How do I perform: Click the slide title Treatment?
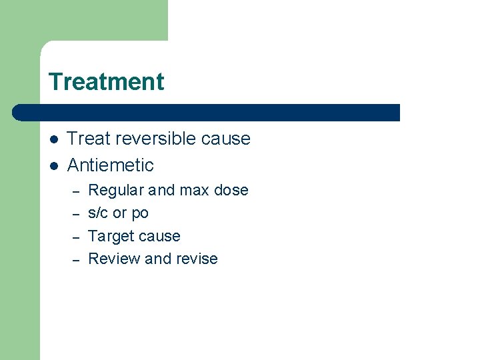(x=106, y=82)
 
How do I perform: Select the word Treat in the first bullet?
(x=88, y=139)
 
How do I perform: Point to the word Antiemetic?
(x=111, y=165)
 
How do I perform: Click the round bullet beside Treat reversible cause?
(x=53, y=139)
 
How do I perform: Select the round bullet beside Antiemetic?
(x=53, y=165)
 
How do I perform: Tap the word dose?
(x=231, y=191)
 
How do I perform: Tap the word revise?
(x=197, y=259)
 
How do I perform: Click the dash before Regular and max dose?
(x=76, y=191)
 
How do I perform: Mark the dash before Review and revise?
(x=76, y=259)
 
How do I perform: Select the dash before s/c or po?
(x=76, y=214)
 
